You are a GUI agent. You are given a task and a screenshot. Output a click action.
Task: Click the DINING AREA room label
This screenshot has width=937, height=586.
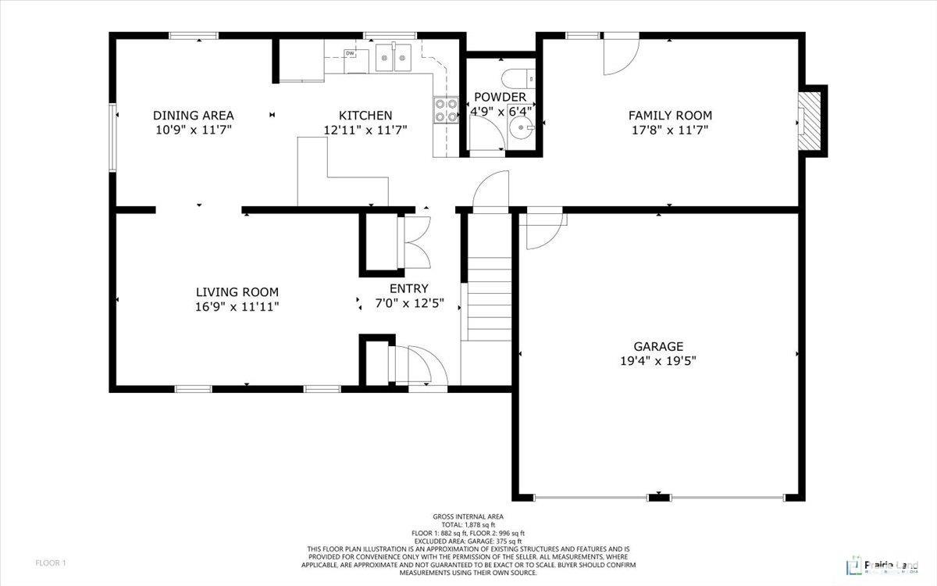coord(193,115)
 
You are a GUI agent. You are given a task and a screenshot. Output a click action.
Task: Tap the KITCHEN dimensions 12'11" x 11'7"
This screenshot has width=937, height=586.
coord(365,130)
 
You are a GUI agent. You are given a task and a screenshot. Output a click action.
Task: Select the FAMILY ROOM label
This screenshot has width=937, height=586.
coord(670,115)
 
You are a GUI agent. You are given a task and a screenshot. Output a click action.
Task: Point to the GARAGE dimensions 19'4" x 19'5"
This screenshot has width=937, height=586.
coord(658,361)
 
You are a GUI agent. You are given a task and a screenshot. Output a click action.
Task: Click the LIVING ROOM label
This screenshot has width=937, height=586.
coord(237,292)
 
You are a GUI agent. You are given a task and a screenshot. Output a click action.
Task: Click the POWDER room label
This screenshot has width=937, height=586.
coord(500,97)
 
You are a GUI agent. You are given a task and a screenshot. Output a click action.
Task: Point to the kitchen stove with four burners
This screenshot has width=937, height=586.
coord(446,110)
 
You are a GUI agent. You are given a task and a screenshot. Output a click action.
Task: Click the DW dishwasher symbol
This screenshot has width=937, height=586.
coord(351,54)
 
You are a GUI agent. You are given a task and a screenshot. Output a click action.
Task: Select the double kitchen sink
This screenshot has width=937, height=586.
coord(394,57)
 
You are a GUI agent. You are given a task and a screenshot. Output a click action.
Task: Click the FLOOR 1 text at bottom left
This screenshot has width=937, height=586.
coord(52,563)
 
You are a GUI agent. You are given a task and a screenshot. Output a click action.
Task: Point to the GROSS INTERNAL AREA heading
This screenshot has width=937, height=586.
coord(468,516)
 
